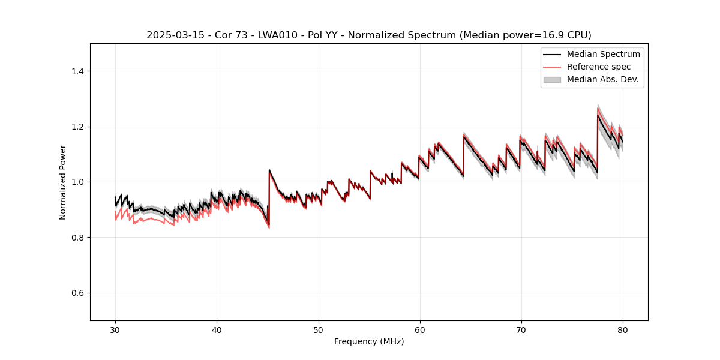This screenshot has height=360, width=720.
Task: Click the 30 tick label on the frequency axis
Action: (115, 329)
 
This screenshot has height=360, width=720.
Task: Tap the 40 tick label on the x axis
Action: (217, 329)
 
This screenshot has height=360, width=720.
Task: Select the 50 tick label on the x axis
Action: (318, 329)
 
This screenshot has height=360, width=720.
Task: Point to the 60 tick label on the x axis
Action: (419, 329)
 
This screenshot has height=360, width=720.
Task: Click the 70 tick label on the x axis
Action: (521, 329)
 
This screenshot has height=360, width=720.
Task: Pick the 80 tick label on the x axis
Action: (622, 329)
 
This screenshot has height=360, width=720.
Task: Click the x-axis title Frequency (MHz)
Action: (369, 341)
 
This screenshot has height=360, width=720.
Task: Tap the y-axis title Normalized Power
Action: (63, 182)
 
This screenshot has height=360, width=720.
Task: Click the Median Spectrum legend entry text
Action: (603, 54)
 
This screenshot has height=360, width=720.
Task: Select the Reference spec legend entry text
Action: (599, 67)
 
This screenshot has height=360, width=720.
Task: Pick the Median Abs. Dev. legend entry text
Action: (602, 79)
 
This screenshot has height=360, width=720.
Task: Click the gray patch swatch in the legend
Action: (552, 79)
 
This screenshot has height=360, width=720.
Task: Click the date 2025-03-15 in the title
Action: (170, 35)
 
